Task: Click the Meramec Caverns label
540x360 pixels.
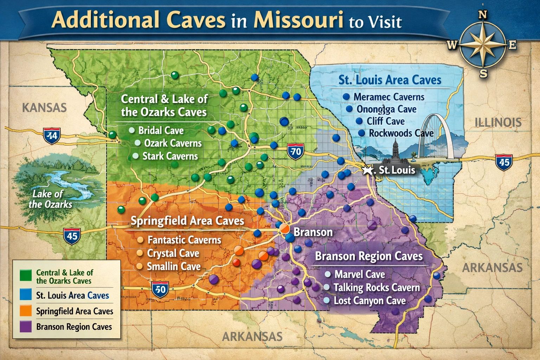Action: pos(389,97)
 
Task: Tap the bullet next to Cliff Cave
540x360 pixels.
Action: pos(359,121)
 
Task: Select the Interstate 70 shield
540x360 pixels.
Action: pos(295,152)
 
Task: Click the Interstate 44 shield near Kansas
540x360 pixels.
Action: pos(52,136)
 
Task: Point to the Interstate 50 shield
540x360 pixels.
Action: pos(160,289)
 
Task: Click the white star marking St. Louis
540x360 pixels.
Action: pos(368,171)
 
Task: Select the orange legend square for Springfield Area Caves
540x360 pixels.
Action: pos(26,311)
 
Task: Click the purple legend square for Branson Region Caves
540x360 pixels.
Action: pos(26,327)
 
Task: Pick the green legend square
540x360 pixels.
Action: pos(26,275)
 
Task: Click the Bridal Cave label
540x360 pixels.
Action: pos(161,130)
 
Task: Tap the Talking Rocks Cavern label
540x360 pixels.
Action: pos(377,288)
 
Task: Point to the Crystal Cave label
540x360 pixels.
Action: pos(173,253)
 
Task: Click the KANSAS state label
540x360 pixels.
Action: pos(44,108)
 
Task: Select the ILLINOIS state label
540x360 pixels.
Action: pos(498,122)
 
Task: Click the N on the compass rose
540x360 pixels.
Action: pos(483,15)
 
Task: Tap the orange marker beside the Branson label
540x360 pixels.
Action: pos(284,229)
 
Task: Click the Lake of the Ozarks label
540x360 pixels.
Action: pos(50,199)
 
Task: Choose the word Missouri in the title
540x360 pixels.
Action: pos(298,20)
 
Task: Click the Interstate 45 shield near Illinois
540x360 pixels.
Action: pos(504,162)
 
